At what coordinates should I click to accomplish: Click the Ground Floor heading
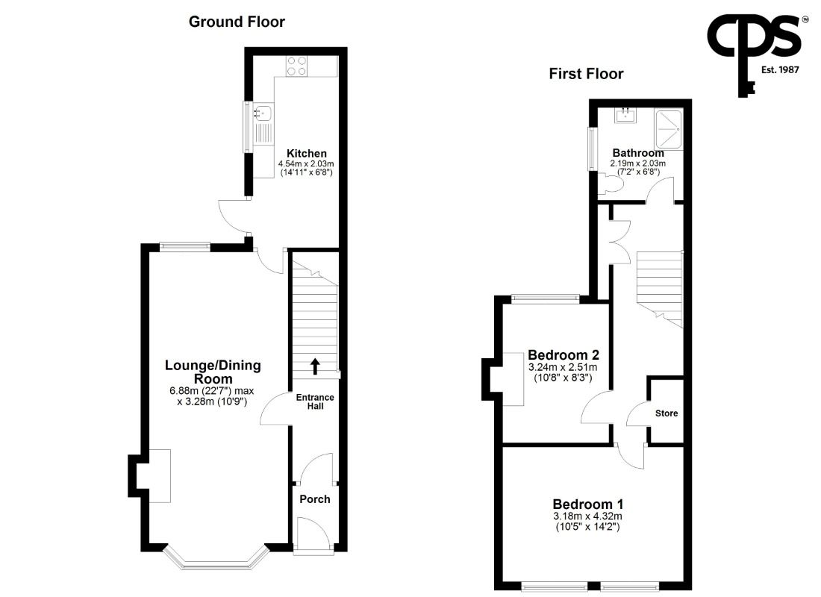pos(237,22)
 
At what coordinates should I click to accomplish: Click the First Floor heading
pos(586,74)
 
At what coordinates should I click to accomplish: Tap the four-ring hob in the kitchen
pos(297,66)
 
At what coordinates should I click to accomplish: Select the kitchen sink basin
pos(263,111)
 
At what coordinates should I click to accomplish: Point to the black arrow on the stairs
pos(315,366)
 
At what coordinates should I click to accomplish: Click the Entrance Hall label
pos(315,401)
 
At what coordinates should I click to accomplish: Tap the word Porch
pos(315,499)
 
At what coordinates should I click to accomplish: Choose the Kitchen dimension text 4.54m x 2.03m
pos(306,163)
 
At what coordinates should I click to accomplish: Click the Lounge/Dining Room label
pos(213,372)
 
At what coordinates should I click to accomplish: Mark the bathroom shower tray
pos(669,129)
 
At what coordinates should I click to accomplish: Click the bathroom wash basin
pos(625,115)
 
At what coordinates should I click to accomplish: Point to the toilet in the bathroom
pos(610,184)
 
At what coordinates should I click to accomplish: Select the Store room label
pos(667,413)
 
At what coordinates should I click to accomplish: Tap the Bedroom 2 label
pos(564,355)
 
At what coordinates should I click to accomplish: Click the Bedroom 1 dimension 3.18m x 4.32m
pos(588,516)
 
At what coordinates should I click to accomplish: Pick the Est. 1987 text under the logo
pos(780,69)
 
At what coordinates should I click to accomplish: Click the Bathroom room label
pos(638,153)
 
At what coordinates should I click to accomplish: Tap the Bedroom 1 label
pos(588,504)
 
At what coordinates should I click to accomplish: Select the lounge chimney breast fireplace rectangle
pos(160,476)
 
